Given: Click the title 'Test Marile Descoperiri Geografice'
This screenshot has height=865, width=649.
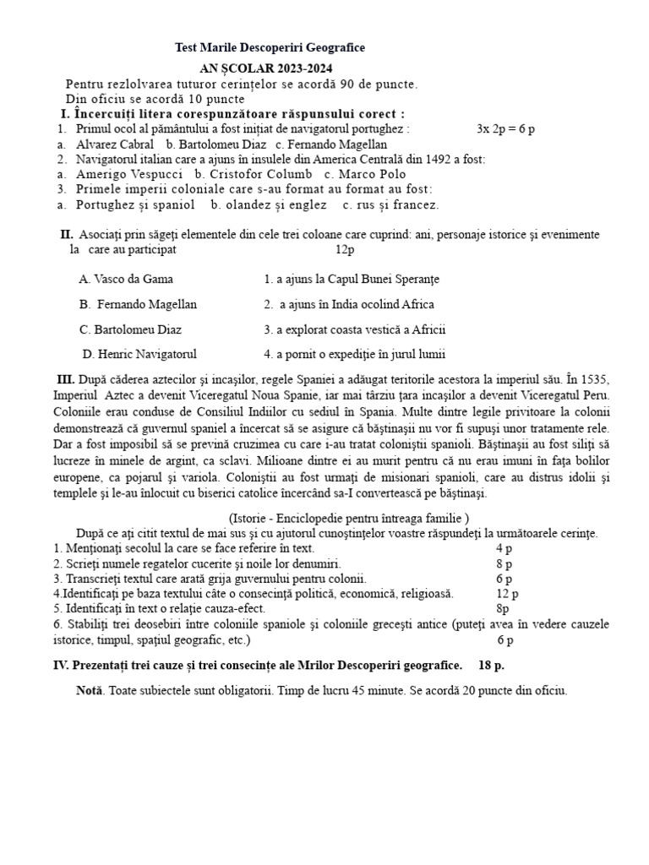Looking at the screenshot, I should pyautogui.click(x=270, y=49).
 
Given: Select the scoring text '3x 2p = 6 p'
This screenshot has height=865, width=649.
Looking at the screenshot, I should pyautogui.click(x=505, y=129).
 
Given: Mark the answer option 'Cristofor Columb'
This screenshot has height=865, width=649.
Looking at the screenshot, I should pyautogui.click(x=254, y=174).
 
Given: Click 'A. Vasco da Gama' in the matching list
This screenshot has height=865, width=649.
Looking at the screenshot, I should pyautogui.click(x=126, y=279).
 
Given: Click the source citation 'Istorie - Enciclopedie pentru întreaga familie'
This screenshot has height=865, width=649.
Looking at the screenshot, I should pyautogui.click(x=348, y=518).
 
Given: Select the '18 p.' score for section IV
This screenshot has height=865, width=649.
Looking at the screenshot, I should pyautogui.click(x=491, y=666).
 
